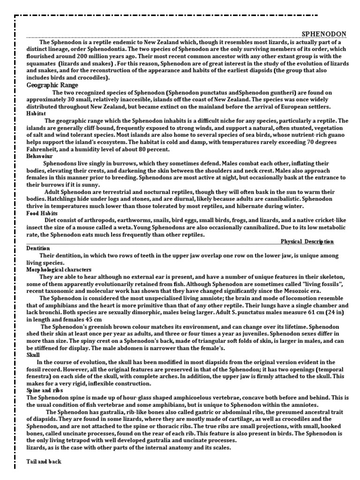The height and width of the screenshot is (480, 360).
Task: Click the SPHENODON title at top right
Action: [323, 34]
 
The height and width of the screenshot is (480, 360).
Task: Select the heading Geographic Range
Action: [52, 85]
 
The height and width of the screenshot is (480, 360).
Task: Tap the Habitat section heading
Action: [36, 113]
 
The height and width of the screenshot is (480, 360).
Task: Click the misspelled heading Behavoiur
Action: [39, 156]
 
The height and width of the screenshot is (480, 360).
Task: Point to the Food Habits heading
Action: [42, 213]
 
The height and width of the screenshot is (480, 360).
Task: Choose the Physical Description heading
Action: [307, 241]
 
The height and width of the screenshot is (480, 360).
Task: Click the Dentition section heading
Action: [38, 248]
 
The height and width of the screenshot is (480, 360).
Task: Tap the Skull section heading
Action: [33, 355]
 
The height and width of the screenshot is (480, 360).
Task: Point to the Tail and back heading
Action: [44, 462]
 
